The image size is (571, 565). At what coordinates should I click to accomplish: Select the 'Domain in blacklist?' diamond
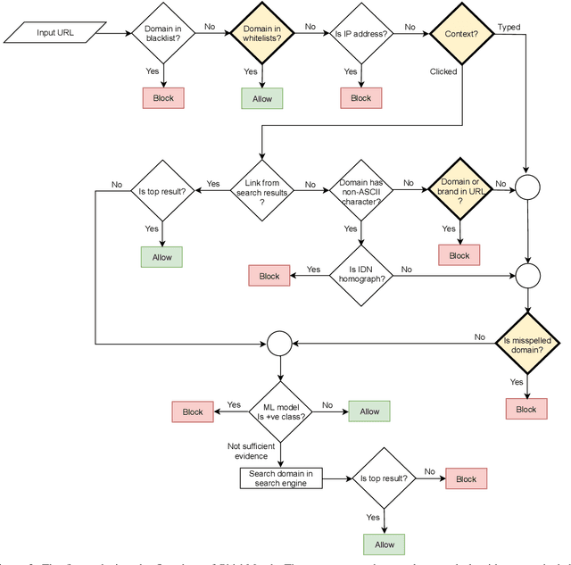pos(163,34)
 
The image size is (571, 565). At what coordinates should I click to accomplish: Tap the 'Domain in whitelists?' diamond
pos(262,34)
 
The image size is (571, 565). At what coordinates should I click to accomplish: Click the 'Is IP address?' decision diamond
pos(361,34)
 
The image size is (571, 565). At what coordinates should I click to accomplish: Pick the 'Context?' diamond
pos(460,34)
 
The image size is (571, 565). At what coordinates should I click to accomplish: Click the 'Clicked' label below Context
pos(443,71)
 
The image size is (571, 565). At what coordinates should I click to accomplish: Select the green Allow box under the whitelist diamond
pos(262,97)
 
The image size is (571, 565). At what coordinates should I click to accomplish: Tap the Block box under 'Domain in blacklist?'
pos(163,97)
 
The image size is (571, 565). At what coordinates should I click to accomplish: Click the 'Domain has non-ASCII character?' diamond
pos(361,189)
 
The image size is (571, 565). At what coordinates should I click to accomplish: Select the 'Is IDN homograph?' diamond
pos(361,274)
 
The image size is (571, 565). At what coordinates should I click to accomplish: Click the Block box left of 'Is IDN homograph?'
pos(269,276)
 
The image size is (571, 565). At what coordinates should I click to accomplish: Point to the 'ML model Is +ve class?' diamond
pos(280,411)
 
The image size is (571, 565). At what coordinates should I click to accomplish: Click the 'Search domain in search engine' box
pos(280,478)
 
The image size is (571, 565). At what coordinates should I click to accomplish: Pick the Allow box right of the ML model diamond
pos(369,411)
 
